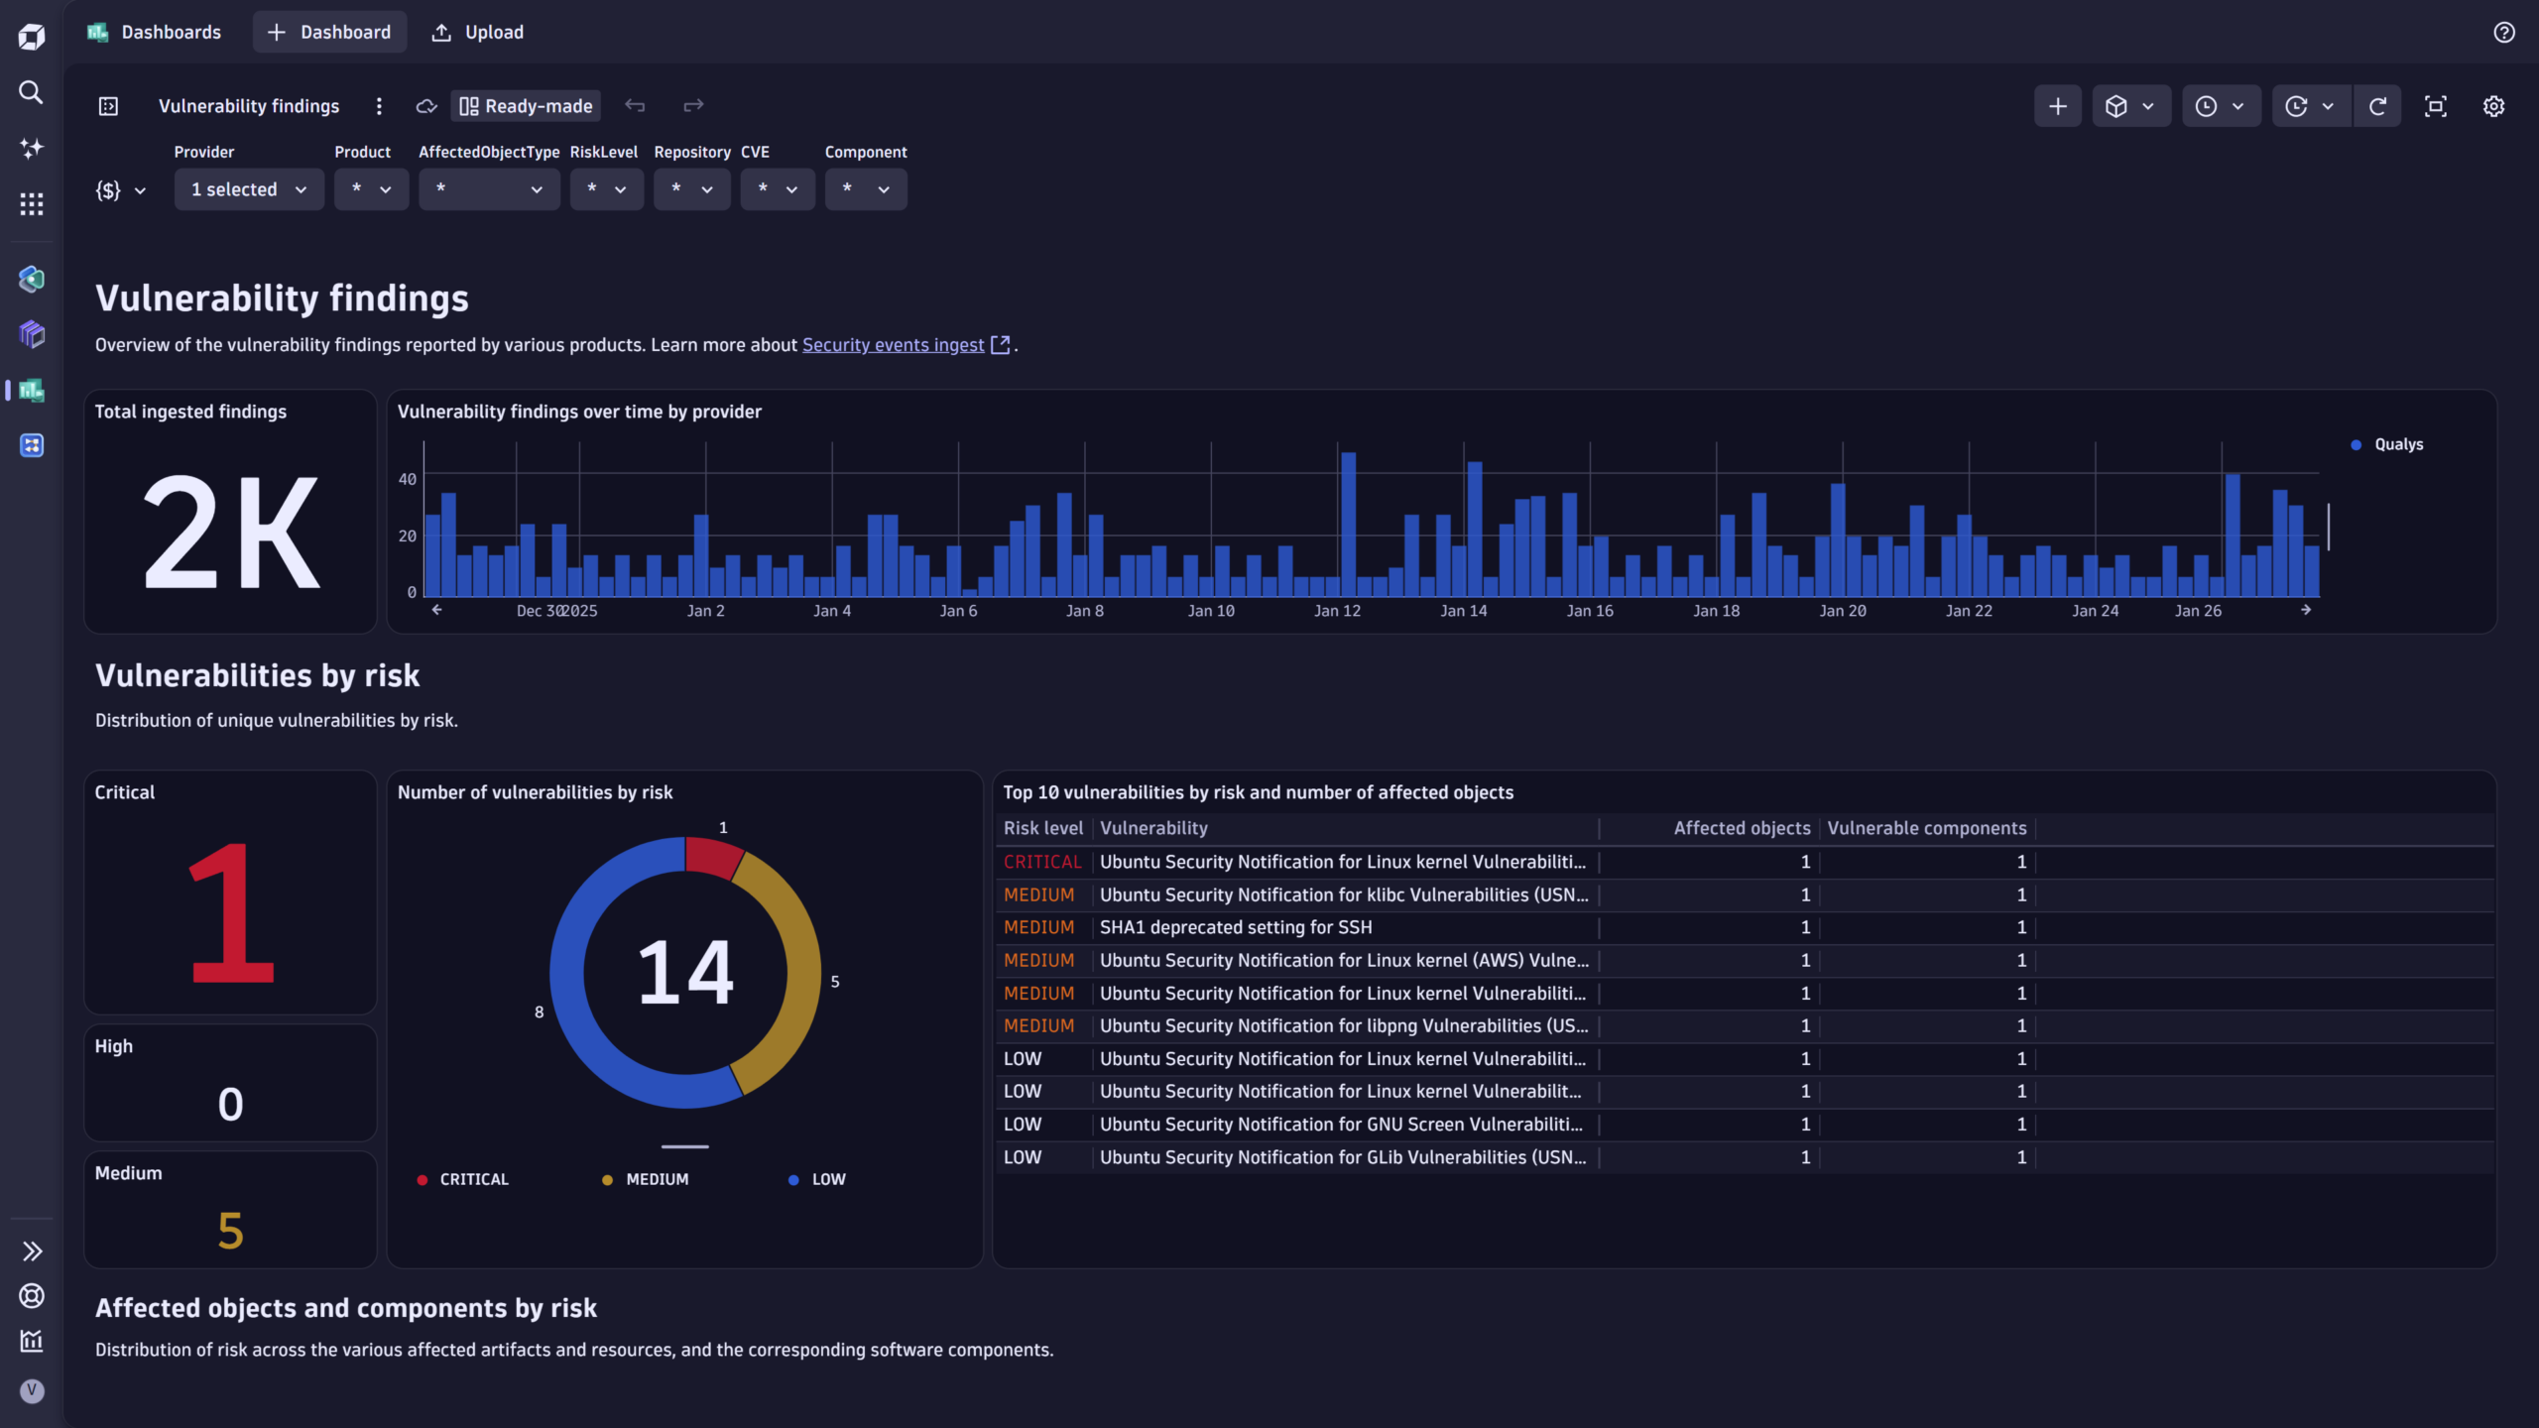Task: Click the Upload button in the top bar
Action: pos(478,33)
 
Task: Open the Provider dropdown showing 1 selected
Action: pos(249,189)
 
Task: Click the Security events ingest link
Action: pos(893,345)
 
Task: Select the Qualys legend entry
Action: pos(2397,444)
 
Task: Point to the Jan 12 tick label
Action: pos(1337,611)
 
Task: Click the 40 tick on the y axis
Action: pos(407,479)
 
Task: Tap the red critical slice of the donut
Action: pos(711,856)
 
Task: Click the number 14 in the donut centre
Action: pos(685,973)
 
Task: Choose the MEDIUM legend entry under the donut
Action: pos(656,1179)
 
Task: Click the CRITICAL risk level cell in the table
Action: pos(1041,862)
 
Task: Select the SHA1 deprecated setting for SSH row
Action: pos(1235,927)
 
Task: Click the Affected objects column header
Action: pos(1741,828)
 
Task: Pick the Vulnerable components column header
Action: pos(1926,828)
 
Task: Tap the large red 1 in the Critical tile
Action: pos(230,913)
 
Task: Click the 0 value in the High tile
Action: pos(230,1104)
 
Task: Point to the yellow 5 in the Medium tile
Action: pos(230,1231)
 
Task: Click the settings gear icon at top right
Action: pos(2493,106)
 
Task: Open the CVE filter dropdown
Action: pos(778,189)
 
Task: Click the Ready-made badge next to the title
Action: pos(527,106)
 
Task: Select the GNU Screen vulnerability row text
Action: pos(1341,1125)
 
